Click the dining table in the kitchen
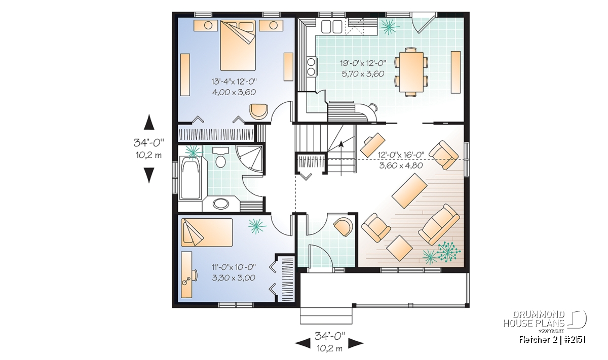point(411,72)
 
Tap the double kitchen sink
point(331,27)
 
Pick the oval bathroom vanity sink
point(221,204)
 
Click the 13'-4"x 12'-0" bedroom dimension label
point(234,81)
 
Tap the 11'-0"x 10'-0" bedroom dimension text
point(234,267)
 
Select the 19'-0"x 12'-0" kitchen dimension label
point(363,63)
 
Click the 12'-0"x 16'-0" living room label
point(401,155)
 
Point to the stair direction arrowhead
point(341,144)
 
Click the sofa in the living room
point(439,225)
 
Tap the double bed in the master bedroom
point(238,45)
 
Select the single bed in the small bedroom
point(207,232)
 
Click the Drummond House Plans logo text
point(534,319)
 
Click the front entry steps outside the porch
point(326,315)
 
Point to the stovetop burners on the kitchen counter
point(311,67)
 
